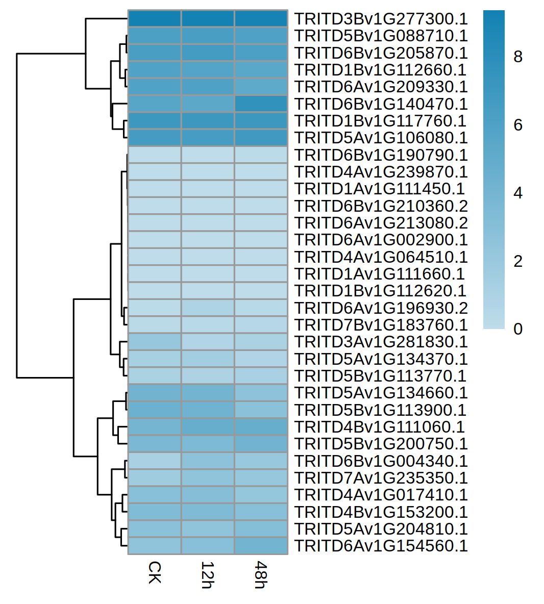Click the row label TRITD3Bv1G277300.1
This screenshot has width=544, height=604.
point(381,19)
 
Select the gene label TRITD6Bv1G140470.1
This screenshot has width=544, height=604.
point(381,104)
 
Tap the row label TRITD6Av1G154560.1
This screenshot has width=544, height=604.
point(381,546)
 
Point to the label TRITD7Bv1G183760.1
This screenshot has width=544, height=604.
point(381,325)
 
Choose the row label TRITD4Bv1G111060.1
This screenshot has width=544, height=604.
point(380,427)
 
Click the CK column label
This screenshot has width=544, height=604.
point(154,572)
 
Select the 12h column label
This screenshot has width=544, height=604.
point(207,575)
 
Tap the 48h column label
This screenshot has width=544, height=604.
point(261,575)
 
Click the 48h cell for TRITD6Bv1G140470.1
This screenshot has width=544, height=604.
point(261,104)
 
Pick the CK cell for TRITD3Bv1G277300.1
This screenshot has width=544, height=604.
point(154,19)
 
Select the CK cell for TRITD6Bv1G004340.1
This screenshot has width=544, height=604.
point(154,461)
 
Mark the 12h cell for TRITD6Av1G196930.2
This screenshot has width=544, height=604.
point(208,308)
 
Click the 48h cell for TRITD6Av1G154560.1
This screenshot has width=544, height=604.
point(261,546)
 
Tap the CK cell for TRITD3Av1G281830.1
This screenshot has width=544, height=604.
point(154,342)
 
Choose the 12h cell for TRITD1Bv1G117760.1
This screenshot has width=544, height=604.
point(208,121)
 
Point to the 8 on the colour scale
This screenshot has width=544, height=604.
point(518,57)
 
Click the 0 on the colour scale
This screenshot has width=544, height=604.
point(518,329)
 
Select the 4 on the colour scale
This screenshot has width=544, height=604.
point(518,193)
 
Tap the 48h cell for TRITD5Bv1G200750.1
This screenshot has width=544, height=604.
point(261,444)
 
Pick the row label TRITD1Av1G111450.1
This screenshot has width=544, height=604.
point(380,189)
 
